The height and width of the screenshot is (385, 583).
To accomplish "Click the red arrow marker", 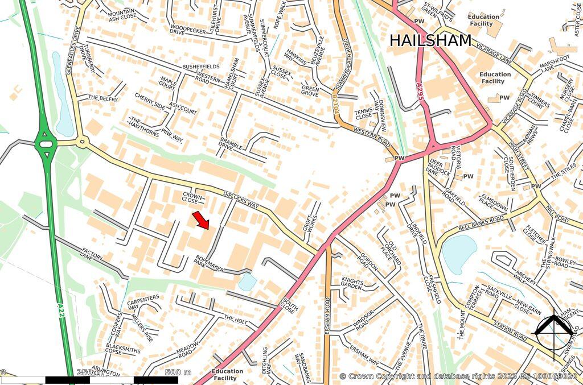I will (x=201, y=220).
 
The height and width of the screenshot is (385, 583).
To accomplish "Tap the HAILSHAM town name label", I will (x=430, y=41).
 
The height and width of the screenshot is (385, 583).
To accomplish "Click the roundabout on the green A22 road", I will (x=44, y=144).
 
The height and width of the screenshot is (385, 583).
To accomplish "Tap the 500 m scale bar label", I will (x=178, y=372).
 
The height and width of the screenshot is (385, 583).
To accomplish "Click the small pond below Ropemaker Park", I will (x=247, y=281).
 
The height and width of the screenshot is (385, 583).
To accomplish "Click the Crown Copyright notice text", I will (x=458, y=376).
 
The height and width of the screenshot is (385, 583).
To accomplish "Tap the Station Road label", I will (x=510, y=329).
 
